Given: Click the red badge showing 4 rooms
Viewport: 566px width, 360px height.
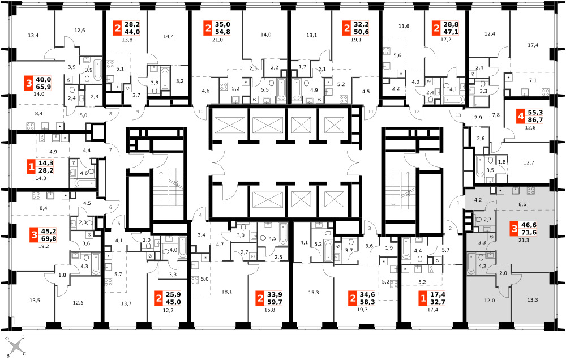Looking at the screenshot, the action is click(x=521, y=116).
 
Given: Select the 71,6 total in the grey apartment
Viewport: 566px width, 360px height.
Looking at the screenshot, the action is click(x=529, y=233).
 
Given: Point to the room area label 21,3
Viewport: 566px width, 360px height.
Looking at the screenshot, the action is click(x=523, y=240).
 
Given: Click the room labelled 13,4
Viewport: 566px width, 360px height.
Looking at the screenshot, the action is click(x=33, y=36).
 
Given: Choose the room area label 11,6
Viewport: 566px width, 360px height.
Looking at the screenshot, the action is click(x=404, y=27).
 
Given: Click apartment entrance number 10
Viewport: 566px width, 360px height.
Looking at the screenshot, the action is click(x=201, y=112).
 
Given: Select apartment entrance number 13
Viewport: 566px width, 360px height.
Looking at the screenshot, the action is click(x=458, y=115).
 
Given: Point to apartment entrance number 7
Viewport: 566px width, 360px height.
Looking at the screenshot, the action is click(x=110, y=150).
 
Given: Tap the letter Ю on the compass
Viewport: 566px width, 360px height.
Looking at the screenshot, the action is click(x=7, y=339).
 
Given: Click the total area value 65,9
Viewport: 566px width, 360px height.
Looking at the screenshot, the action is click(x=44, y=87).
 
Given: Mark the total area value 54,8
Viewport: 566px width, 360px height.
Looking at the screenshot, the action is click(x=222, y=32).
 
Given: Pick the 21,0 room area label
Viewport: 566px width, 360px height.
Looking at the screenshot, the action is click(x=217, y=40).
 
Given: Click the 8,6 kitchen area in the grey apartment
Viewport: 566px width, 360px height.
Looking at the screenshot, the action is click(x=522, y=204).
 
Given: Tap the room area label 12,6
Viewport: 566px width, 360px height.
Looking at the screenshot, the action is click(x=79, y=31).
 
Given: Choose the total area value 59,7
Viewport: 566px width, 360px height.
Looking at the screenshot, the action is click(x=275, y=302).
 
